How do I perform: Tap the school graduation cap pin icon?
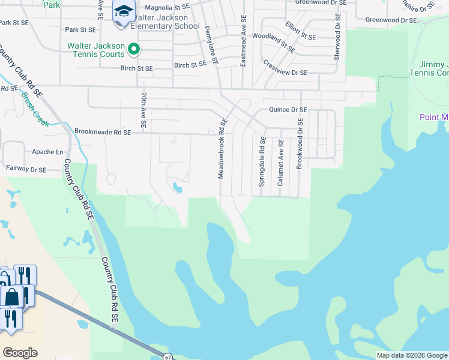[124, 12]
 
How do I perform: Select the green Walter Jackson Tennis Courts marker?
[134, 49]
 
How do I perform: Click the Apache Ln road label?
[47, 152]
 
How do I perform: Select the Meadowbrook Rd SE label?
[221, 148]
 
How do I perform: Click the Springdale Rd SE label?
[262, 161]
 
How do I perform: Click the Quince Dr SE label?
[288, 110]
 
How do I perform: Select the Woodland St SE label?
[273, 42]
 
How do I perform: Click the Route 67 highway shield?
[167, 356]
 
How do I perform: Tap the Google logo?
[20, 353]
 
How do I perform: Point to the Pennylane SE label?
[211, 45]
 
